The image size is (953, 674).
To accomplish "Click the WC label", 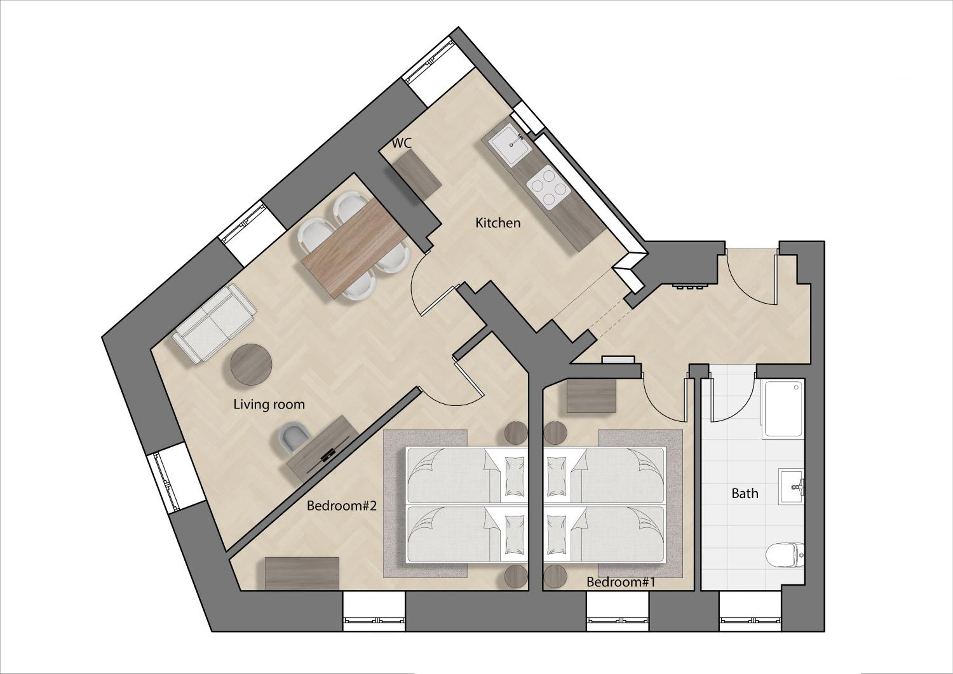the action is point(402,143).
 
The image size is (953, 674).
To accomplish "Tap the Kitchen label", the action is point(498,223).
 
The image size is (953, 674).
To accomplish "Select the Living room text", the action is point(269,404).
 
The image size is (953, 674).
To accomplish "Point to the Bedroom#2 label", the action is point(341,506).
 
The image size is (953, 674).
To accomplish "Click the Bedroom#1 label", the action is point(620,582).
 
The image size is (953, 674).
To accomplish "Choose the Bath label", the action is point(745,494).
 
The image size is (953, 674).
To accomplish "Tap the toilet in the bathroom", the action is point(785,555).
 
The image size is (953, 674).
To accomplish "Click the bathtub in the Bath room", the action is point(783,409).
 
